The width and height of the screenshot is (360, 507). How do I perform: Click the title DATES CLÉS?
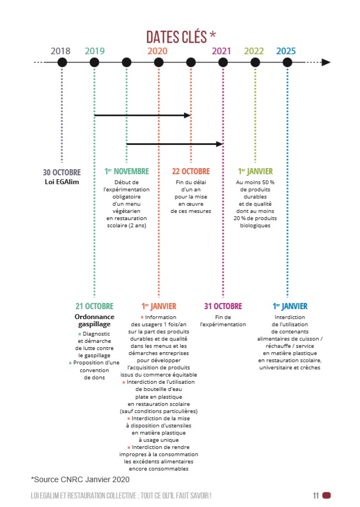176,37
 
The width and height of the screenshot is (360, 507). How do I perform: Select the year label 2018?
60,51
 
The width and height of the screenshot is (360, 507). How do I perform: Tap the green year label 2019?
95,51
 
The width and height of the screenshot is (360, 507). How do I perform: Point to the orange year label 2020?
158,51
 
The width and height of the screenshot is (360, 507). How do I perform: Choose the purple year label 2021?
221,51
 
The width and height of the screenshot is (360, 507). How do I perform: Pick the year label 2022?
254,51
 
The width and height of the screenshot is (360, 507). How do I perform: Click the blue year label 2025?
286,51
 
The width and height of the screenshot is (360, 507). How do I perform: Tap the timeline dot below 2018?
62,62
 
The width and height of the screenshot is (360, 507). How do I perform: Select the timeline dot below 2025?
287,62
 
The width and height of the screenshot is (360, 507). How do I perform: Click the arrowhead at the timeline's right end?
326,62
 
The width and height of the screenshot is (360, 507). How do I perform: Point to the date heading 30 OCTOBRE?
62,173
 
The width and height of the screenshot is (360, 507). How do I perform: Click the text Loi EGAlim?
62,182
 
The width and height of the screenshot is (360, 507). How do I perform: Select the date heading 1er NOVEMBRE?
127,171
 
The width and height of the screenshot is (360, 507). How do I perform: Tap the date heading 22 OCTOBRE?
191,171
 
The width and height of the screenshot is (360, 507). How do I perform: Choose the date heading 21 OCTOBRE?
95,306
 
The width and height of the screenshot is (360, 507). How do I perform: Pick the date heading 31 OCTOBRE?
223,306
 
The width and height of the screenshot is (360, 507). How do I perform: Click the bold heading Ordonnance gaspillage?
95,321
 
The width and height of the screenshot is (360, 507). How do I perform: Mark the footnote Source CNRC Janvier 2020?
80,479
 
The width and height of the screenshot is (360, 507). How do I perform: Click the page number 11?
316,495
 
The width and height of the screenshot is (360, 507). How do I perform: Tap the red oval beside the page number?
327,495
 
